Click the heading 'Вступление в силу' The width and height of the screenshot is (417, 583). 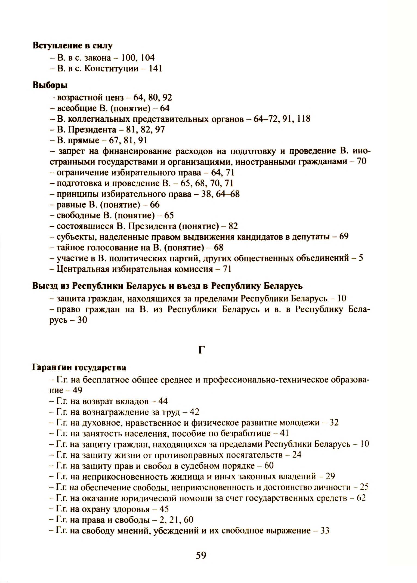72,45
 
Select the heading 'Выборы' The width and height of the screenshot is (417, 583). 50,85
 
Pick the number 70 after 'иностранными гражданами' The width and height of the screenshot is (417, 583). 362,162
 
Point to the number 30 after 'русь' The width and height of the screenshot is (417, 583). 82,320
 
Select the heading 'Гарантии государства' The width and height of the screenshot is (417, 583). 79,368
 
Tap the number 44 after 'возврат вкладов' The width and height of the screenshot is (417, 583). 163,401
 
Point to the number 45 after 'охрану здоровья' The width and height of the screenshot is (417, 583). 164,509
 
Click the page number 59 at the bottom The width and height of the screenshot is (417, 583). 201,555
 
